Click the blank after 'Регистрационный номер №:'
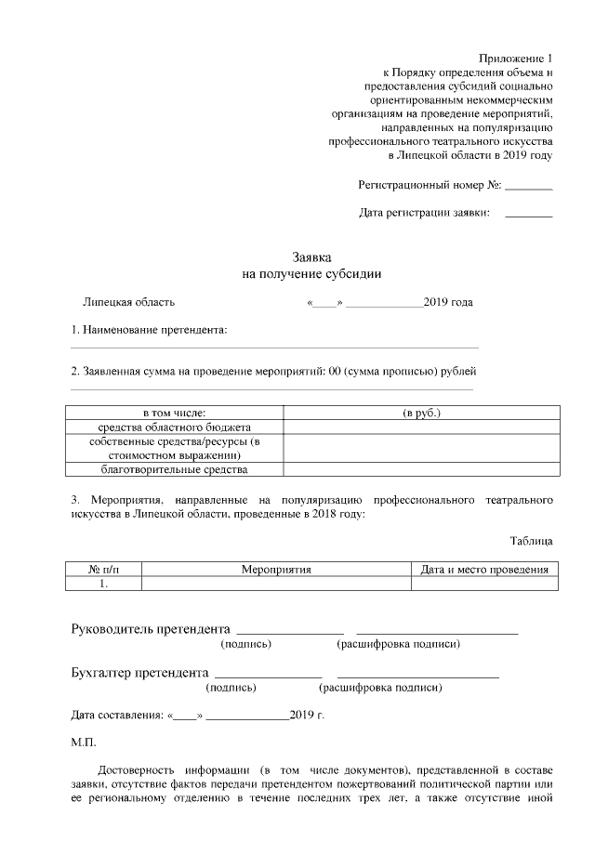tap(529, 186)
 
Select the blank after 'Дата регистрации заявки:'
tap(529, 214)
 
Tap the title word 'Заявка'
tap(311, 257)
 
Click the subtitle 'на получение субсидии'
tap(311, 274)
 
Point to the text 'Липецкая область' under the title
tap(128, 302)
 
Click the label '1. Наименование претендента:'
tap(150, 330)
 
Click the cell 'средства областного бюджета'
tap(175, 427)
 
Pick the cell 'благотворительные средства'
tap(175, 470)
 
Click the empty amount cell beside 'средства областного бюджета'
tap(421, 427)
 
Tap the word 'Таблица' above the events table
tap(531, 541)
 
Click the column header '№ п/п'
tap(104, 570)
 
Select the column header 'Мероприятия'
tap(276, 570)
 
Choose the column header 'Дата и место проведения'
tap(484, 570)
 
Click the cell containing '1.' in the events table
tap(104, 585)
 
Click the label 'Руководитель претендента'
tap(150, 628)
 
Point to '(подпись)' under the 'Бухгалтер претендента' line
tap(231, 689)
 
